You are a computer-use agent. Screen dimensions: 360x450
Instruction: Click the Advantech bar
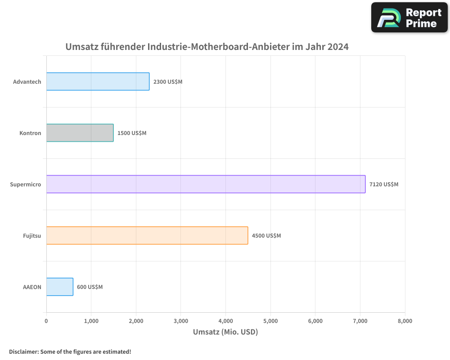(98, 81)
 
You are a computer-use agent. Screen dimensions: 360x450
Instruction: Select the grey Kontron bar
(80, 133)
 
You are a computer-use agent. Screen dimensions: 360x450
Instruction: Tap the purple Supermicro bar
(206, 184)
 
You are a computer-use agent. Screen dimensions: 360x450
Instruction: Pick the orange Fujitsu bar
(147, 235)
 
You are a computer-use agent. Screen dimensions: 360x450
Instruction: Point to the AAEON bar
(60, 287)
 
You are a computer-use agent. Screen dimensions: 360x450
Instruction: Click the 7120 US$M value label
(384, 184)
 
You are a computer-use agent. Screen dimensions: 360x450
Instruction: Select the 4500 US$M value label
(266, 236)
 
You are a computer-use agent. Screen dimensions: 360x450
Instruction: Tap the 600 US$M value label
(90, 287)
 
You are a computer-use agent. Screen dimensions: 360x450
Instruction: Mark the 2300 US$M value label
(168, 82)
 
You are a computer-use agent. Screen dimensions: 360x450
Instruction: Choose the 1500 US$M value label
(132, 133)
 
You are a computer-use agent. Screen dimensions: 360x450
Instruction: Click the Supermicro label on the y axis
(26, 184)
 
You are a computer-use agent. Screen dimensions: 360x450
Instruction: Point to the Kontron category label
(30, 133)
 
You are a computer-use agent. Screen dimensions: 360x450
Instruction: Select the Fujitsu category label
(32, 236)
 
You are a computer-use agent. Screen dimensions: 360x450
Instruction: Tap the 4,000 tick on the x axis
(225, 321)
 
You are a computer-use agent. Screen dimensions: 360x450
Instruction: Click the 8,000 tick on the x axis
(405, 321)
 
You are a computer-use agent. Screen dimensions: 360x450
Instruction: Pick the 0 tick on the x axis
(46, 321)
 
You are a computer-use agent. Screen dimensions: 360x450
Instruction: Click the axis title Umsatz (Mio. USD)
(225, 332)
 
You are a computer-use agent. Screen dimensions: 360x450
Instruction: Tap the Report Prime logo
(409, 18)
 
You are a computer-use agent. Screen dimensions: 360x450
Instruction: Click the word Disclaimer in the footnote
(23, 351)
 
